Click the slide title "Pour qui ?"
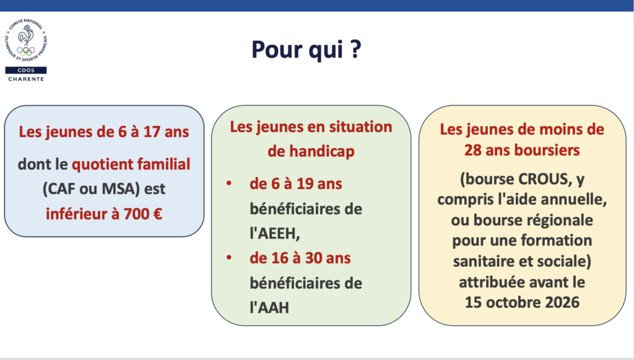pos(306,50)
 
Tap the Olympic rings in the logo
pos(26,51)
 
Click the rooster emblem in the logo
pos(26,35)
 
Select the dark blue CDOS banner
pos(26,71)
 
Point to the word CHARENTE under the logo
pos(26,79)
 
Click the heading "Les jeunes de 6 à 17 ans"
pos(104,132)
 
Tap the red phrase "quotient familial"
pos(131,164)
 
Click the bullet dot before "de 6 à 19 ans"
pos(229,183)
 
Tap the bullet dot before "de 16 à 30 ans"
pos(229,257)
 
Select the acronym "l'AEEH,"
pos(275,234)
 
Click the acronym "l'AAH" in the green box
pos(269,308)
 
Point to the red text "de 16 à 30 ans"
pos(300,258)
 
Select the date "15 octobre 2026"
pos(522,302)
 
